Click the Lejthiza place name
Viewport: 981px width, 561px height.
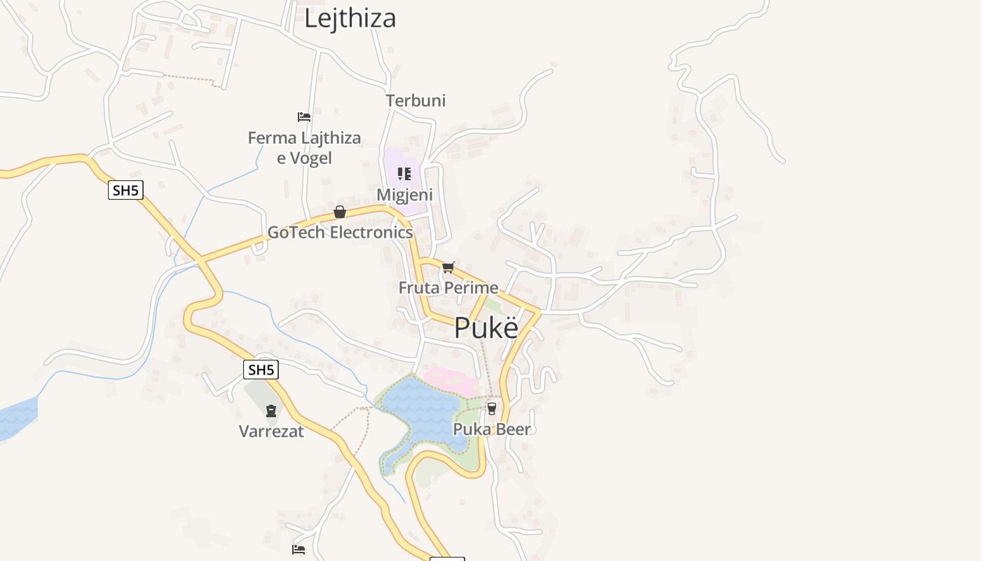(x=350, y=18)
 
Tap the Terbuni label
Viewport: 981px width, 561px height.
(x=416, y=100)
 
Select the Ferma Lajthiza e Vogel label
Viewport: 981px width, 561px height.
(x=304, y=147)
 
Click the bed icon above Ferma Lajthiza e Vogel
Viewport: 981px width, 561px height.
(x=304, y=116)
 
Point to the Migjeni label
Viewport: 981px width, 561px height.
(x=404, y=194)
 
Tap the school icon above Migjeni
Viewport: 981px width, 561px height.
(x=404, y=173)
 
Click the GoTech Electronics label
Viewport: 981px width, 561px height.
(x=340, y=232)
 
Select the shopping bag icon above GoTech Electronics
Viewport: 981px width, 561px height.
(x=340, y=212)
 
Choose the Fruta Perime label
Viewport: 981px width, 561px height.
(x=448, y=288)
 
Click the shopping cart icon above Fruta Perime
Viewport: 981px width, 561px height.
(x=448, y=267)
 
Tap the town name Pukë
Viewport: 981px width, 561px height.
(x=486, y=328)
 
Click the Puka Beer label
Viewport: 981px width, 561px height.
(x=492, y=428)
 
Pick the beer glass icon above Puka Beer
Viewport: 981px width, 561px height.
(x=492, y=408)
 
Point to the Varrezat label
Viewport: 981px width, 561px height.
(x=271, y=431)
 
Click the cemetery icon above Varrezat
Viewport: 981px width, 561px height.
(x=271, y=411)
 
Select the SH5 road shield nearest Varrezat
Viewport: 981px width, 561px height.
(x=261, y=370)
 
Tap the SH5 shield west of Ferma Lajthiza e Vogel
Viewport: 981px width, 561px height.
(x=125, y=190)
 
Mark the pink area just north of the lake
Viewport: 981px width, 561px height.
(x=453, y=381)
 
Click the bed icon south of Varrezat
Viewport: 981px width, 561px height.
(x=299, y=550)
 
